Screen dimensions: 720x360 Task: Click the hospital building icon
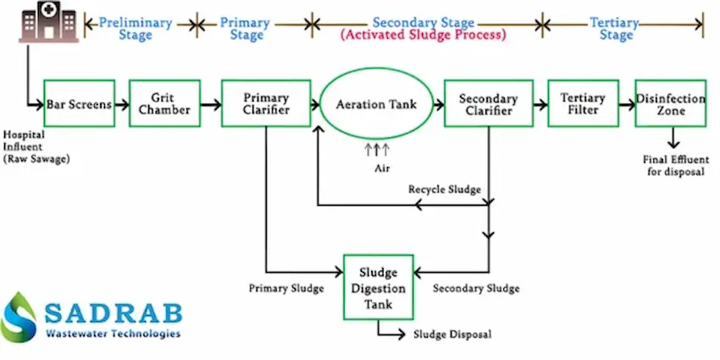click(48, 22)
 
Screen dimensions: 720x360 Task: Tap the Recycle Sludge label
click(445, 189)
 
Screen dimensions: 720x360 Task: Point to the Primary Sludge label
click(286, 288)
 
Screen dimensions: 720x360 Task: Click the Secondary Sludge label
click(476, 288)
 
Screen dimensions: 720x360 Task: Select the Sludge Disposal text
click(452, 334)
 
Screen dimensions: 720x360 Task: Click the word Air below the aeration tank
click(382, 168)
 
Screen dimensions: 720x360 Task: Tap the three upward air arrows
click(377, 149)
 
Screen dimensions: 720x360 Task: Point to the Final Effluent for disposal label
click(676, 166)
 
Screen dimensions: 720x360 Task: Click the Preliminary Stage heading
click(136, 29)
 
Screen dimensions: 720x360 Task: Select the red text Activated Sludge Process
click(423, 36)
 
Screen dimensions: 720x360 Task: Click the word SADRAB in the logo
click(114, 313)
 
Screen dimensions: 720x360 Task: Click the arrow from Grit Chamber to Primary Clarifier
click(211, 105)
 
